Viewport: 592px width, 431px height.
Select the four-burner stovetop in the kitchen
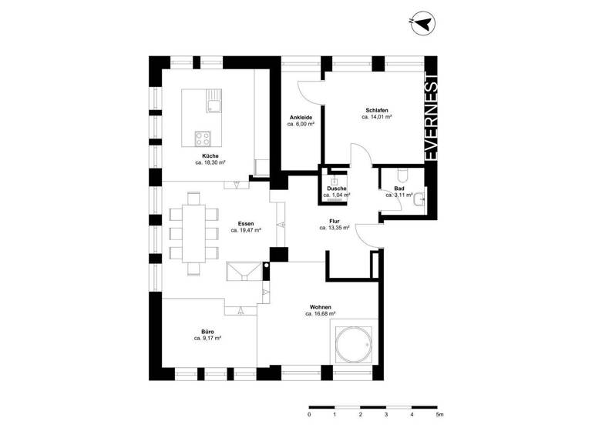tap(203, 139)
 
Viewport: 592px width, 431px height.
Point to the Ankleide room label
tap(301, 117)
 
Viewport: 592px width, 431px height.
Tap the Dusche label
tap(336, 189)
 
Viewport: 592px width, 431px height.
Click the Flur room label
tap(335, 221)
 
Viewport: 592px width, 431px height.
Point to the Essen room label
tap(246, 223)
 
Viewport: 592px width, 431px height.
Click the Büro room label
tap(208, 331)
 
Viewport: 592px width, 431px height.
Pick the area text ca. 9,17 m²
tap(208, 338)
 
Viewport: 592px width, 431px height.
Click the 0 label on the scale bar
tap(309, 414)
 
